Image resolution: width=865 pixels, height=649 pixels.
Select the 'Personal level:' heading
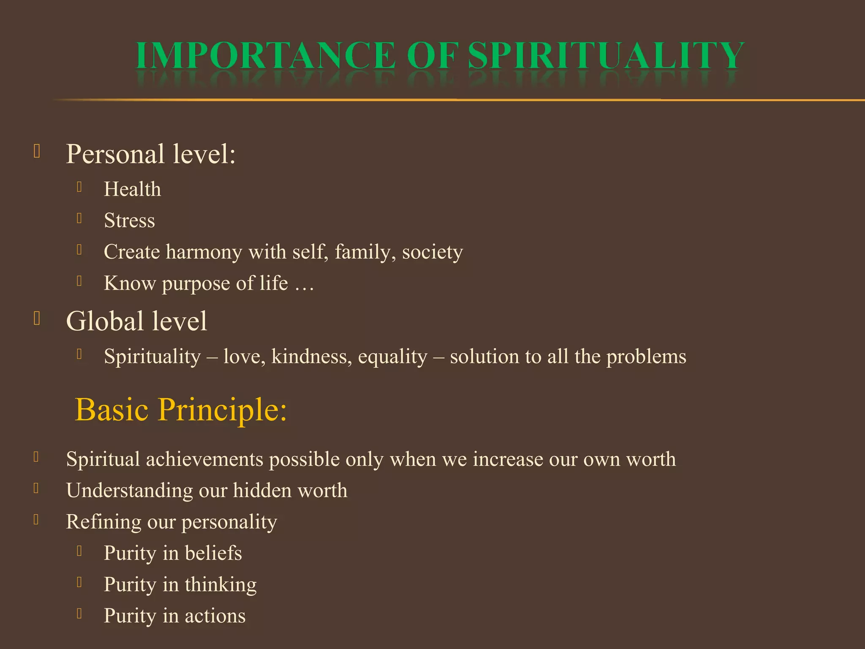click(151, 154)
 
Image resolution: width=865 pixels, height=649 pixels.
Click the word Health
click(132, 189)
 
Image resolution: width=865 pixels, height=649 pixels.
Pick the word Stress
click(129, 221)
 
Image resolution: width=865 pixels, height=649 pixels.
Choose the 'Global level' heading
click(136, 321)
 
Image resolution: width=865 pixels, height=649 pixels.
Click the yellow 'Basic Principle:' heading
click(181, 409)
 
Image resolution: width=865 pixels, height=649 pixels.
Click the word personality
click(229, 523)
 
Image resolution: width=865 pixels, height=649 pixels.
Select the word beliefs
click(213, 553)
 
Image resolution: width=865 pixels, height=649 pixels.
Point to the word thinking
click(220, 585)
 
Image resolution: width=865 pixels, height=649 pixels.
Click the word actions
click(215, 616)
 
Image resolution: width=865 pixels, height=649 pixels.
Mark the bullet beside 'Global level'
click(37, 319)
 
